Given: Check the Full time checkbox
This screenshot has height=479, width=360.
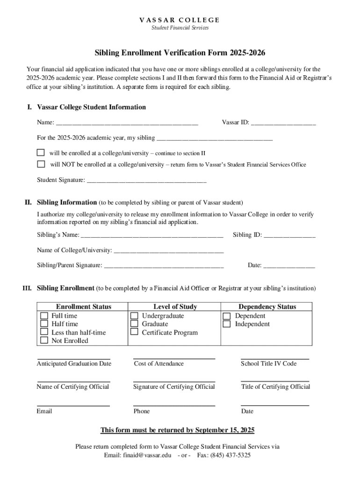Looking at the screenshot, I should pos(44,316).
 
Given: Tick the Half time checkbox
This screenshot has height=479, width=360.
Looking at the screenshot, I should pos(44,324).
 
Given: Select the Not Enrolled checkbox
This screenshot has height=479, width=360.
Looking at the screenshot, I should pos(44,341).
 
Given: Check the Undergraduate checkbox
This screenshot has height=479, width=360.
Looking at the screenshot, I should pos(134,316).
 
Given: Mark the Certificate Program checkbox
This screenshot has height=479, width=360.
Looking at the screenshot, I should pos(134,332).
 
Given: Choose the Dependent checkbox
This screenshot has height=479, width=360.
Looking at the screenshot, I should pos(227,316).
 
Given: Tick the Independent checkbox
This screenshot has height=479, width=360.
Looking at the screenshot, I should pos(227,324).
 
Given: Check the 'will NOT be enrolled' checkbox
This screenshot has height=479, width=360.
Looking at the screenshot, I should pos(41,164).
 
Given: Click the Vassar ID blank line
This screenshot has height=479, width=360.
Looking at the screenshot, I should pos(283,124).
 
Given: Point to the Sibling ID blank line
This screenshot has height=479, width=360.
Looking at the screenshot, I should pos(289,236).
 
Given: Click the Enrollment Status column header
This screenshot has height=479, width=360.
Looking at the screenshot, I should pos(84,307).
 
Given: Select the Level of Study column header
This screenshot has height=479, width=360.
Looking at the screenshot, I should pos(175,307).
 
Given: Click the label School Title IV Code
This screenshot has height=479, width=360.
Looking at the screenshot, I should pos(268,363).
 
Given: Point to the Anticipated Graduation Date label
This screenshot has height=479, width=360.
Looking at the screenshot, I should pos(74,363).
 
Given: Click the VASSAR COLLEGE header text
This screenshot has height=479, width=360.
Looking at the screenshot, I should pos(180,20).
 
